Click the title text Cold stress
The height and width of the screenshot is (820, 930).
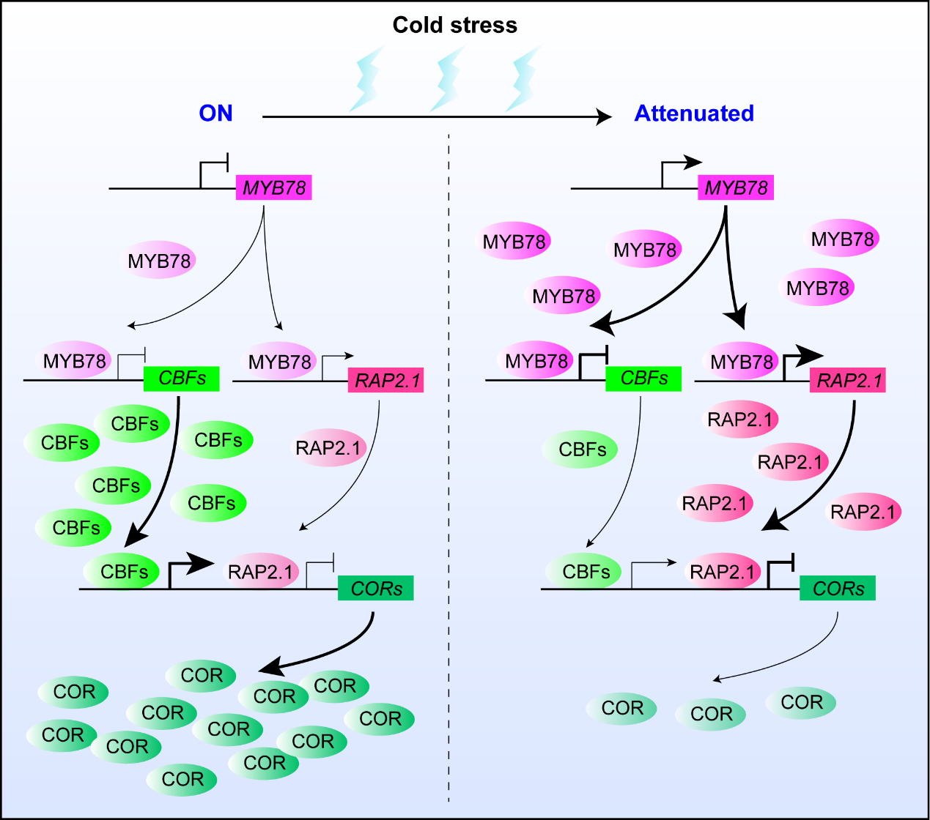454,25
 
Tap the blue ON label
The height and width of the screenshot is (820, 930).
215,113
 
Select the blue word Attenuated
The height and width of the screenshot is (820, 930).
693,113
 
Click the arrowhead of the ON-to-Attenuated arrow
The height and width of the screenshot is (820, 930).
604,116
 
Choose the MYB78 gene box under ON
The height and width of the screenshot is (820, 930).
273,187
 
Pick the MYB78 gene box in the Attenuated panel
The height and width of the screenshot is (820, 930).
735,187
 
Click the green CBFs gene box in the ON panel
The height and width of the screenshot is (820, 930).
182,379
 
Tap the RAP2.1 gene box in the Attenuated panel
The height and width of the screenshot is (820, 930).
847,381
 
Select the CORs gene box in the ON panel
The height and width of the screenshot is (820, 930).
375,589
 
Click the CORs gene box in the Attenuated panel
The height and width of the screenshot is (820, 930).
837,589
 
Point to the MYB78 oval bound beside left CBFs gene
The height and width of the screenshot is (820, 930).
75,361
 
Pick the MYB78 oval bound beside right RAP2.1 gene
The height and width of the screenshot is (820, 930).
742,362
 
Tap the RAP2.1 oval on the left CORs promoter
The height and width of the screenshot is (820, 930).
260,572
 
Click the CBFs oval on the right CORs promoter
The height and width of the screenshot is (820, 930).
585,571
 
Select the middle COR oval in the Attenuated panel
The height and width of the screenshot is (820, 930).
711,714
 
